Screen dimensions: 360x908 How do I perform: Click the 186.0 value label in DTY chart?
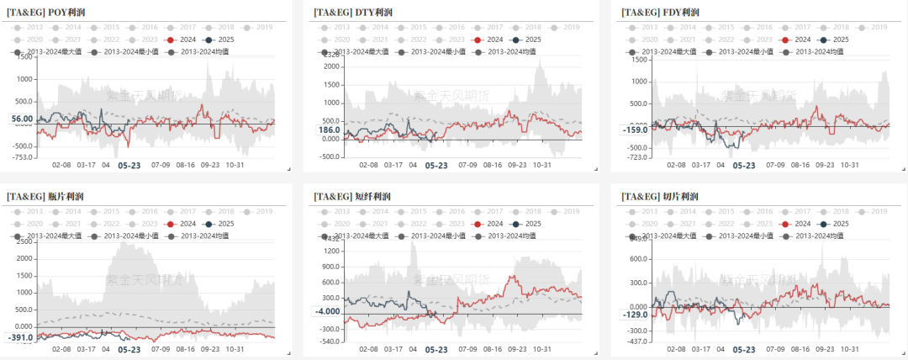point(329,130)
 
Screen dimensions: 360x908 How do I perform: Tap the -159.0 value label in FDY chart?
point(636,130)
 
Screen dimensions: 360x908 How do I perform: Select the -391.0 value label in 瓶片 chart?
point(20,337)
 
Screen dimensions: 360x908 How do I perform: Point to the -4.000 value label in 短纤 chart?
point(329,311)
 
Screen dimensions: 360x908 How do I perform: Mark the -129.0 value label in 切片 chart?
point(636,315)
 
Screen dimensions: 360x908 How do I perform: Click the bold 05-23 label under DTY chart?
point(436,167)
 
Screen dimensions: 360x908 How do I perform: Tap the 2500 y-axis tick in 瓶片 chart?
point(24,242)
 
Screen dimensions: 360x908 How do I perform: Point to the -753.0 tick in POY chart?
point(23,157)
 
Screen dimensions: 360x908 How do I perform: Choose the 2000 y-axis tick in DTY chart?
point(330,61)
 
